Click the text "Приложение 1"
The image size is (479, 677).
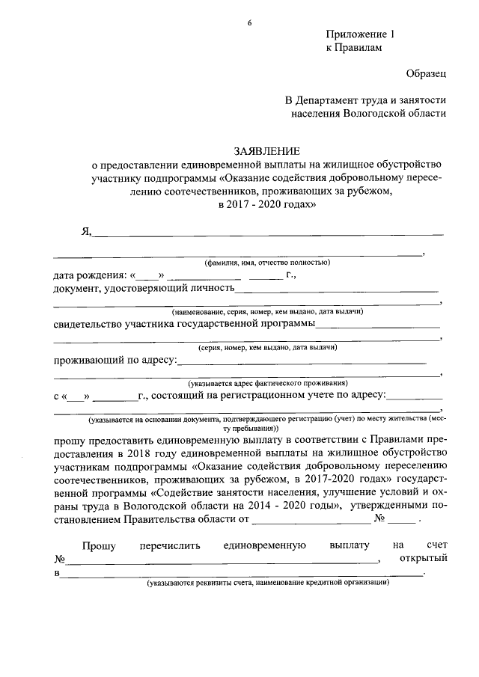pyautogui.click(x=359, y=34)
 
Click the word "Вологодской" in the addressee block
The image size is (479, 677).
pyautogui.click(x=373, y=114)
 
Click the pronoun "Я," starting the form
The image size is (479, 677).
pyautogui.click(x=86, y=232)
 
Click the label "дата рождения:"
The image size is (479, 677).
pyautogui.click(x=91, y=275)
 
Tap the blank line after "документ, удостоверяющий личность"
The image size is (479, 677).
pyautogui.click(x=337, y=290)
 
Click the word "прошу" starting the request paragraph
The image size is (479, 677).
pyautogui.click(x=69, y=439)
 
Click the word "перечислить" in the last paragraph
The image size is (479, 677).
pyautogui.click(x=170, y=546)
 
